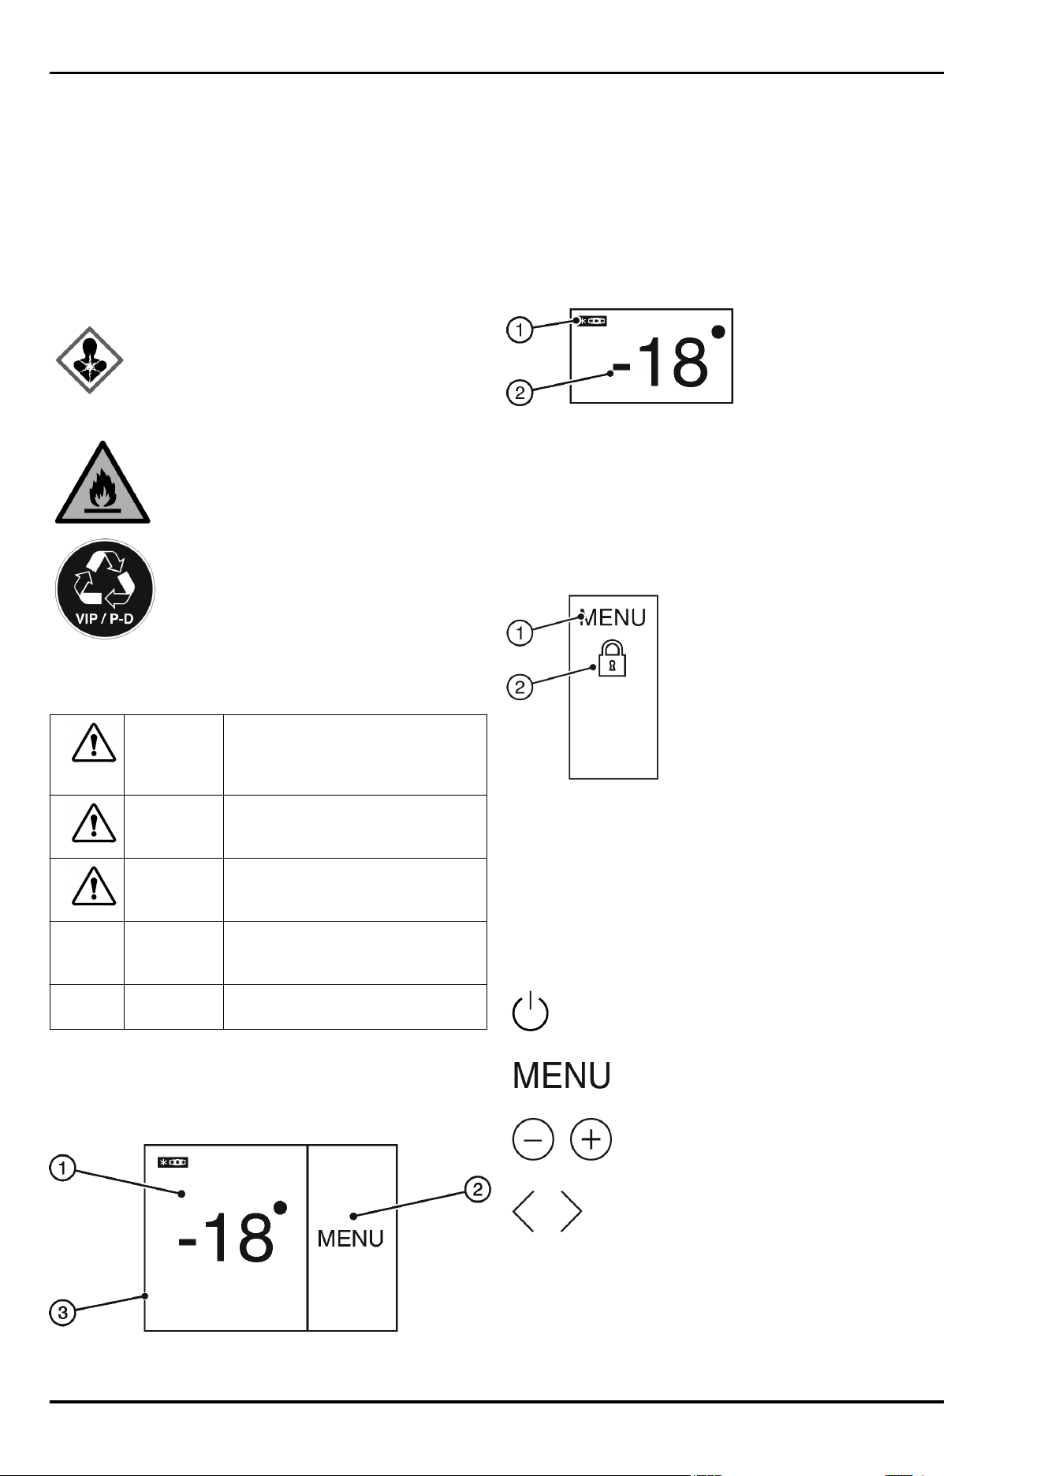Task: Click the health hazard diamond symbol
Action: pos(89,360)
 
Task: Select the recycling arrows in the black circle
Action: pos(104,580)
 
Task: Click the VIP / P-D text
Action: pos(104,619)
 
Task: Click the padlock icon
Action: pos(613,659)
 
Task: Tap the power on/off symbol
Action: pos(531,1011)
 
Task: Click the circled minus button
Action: pos(533,1139)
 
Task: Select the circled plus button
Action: pos(591,1139)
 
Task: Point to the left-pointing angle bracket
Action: pos(524,1210)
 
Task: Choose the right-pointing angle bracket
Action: pos(572,1210)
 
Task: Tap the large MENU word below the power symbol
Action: pos(561,1075)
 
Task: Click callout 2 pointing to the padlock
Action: pos(520,687)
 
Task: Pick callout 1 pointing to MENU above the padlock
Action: pos(520,632)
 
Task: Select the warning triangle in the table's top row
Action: pos(94,743)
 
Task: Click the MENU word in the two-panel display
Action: pos(350,1239)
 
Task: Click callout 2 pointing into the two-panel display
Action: pos(477,1189)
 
